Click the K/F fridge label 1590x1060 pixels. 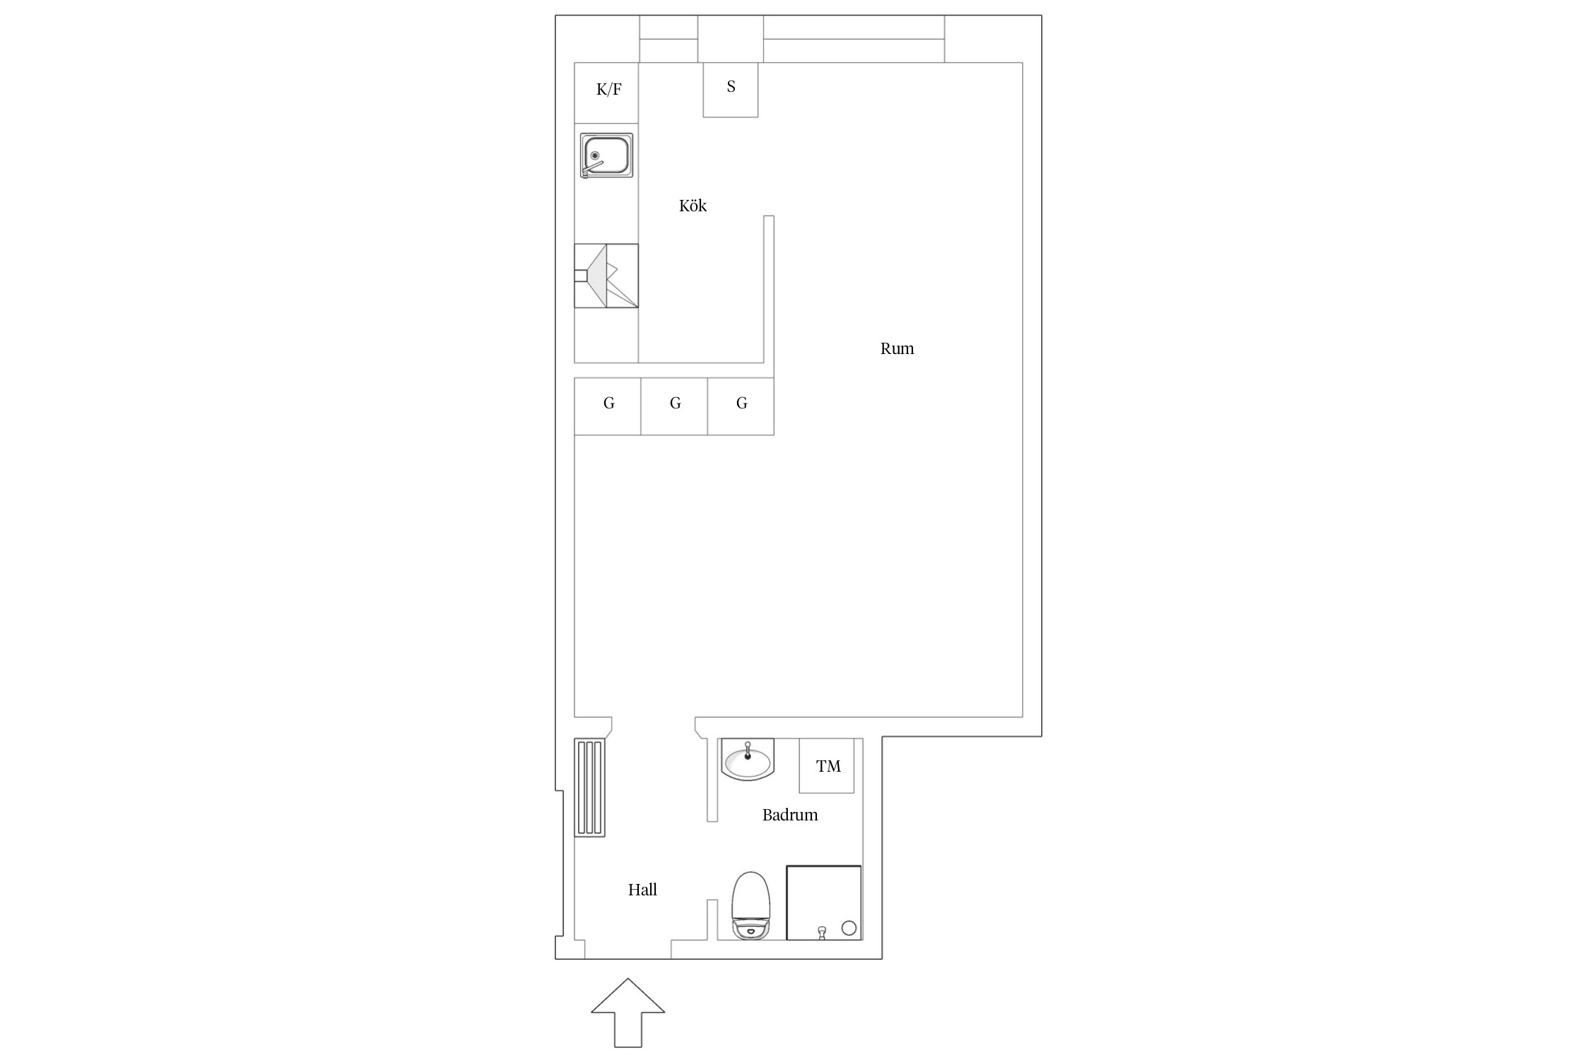[609, 90]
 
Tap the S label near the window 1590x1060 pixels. [731, 86]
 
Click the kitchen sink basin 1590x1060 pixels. [606, 155]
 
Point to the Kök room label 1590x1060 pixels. [693, 206]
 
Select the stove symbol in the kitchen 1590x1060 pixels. [606, 276]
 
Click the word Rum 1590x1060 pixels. [897, 348]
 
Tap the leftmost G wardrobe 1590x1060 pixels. [608, 406]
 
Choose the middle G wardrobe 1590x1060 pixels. [674, 406]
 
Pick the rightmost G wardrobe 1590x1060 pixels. [741, 406]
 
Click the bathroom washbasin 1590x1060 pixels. [748, 760]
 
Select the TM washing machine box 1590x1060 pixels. [827, 765]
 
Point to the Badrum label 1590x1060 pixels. [790, 815]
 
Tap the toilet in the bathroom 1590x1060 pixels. [750, 905]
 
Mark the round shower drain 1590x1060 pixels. [849, 928]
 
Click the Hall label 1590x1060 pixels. [642, 890]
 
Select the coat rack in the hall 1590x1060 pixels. [589, 788]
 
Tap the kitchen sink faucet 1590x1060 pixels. [593, 167]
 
